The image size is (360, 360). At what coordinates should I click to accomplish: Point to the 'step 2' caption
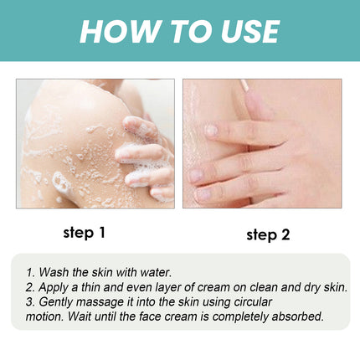tap(268, 234)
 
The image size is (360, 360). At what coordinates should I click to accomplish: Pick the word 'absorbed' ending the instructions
tap(297, 316)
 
